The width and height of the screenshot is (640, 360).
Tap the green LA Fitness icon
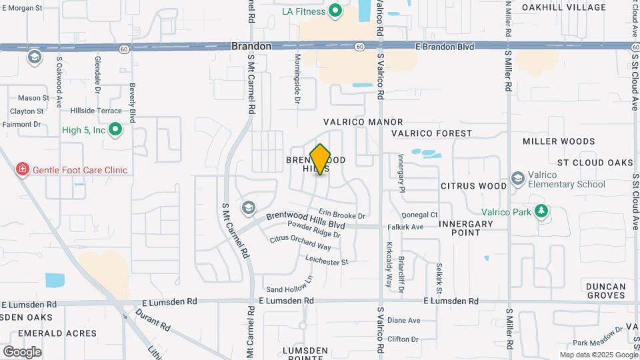[x=336, y=11]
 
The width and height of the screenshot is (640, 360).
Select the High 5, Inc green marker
[x=115, y=130]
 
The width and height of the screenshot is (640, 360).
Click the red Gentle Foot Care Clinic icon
[x=23, y=170]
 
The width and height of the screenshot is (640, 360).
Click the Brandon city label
[x=251, y=47]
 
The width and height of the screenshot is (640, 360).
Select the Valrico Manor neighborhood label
[x=363, y=122]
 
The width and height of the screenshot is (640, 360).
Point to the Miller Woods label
[x=559, y=141]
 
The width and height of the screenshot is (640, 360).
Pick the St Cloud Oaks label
[x=595, y=163]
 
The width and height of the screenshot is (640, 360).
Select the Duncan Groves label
[x=606, y=291]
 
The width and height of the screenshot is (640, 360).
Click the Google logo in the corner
[x=22, y=351]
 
